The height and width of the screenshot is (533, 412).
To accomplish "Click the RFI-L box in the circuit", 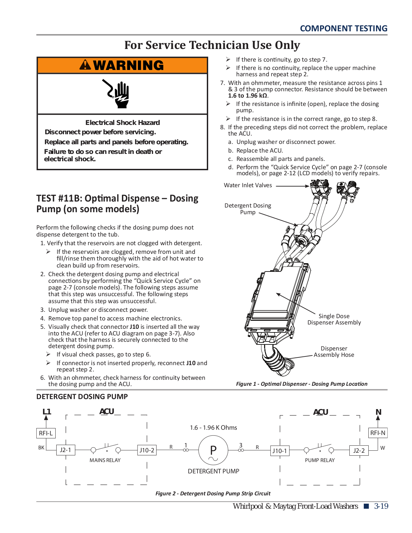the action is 46,433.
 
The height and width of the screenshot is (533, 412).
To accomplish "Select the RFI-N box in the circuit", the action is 378,433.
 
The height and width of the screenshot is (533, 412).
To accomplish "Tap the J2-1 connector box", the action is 66,450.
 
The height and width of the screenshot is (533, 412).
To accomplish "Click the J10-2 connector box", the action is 147,450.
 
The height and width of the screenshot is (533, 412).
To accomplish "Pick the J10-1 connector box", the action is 280,451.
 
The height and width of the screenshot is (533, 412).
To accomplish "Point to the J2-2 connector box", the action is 359,450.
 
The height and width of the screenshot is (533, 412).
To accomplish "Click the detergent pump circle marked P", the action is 213,450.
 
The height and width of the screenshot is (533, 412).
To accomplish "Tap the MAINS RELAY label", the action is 105,460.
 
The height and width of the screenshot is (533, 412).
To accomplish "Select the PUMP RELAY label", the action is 320,460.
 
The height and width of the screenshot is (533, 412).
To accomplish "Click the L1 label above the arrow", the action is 47,412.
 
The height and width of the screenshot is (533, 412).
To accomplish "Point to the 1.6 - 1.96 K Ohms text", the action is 213,427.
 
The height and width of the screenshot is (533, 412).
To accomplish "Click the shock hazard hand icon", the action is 116,94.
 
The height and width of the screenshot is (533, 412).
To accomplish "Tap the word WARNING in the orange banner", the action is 129,65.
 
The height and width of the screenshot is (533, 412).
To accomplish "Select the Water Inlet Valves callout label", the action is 248,185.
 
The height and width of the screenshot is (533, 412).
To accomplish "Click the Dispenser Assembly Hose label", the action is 334,351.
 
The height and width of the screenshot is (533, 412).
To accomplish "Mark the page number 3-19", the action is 381,506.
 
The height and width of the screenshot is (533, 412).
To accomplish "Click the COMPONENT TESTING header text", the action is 344,28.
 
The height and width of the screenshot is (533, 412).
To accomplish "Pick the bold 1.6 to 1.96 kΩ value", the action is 248,96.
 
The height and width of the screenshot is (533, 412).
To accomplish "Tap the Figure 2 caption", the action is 213,493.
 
